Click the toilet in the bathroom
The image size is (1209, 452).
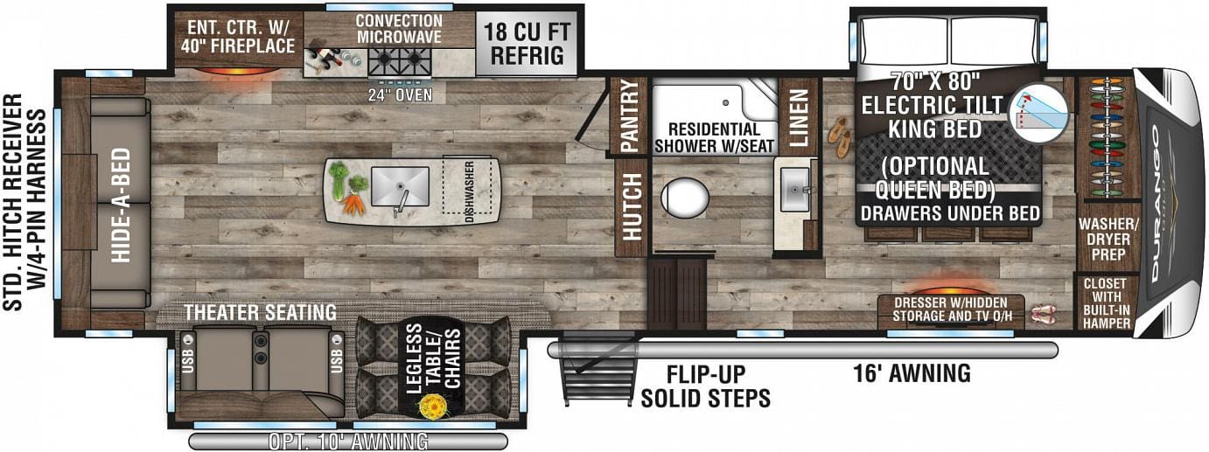click(685, 197)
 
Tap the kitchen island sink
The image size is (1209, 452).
click(400, 186)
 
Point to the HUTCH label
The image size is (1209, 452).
click(631, 207)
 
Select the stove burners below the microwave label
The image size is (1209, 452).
click(399, 61)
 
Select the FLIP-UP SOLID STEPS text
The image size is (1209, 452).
click(705, 386)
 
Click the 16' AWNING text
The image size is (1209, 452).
click(912, 374)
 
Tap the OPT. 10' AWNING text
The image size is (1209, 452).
click(348, 441)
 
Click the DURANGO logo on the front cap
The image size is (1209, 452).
click(1164, 203)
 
